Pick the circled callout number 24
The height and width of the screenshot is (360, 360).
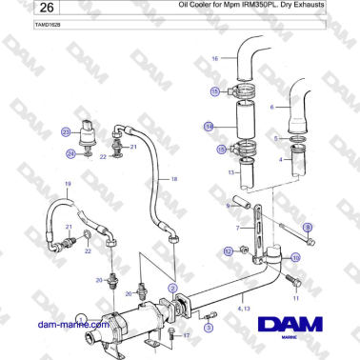[x=70, y=152]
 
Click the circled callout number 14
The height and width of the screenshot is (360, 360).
[x=209, y=125]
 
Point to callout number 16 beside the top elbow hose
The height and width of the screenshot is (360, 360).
[x=215, y=59]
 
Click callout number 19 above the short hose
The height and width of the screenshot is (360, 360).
[x=68, y=183]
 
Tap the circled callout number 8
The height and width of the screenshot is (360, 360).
[x=307, y=226]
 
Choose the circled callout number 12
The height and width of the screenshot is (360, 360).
[x=229, y=250]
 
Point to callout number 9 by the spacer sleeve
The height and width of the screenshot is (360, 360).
[x=228, y=204]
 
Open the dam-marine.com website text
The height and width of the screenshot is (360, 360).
[x=72, y=324]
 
